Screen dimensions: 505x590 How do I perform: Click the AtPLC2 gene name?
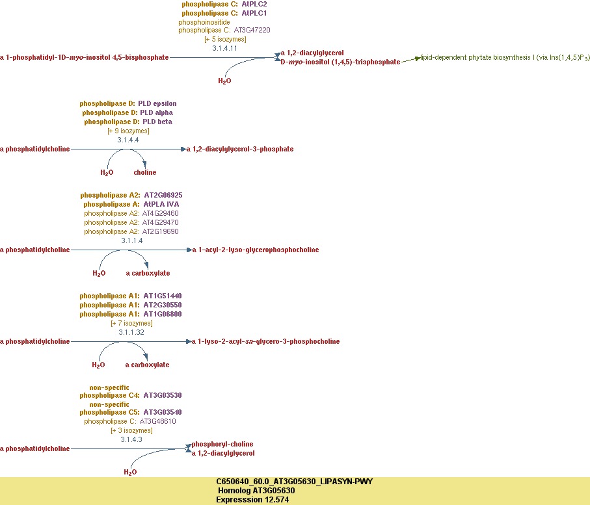coord(254,4)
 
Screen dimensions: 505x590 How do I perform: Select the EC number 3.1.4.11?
coord(224,48)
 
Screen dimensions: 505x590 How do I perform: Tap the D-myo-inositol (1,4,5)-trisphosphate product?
coord(340,62)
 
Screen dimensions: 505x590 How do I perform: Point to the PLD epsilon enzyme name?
coord(157,103)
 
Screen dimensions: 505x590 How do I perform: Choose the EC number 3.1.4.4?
coord(128,140)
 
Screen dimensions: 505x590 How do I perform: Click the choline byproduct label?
coord(145,172)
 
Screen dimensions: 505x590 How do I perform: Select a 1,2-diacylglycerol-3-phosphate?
coord(240,149)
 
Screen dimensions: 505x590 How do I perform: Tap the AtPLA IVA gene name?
coord(161,204)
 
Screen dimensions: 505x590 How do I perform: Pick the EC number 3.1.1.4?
coord(132,240)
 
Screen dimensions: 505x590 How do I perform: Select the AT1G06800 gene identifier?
coord(163,314)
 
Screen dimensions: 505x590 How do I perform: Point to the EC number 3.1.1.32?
coord(131,332)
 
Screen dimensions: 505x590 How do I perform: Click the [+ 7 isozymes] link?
coord(131,323)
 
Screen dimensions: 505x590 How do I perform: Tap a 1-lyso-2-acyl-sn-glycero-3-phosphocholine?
coord(265,341)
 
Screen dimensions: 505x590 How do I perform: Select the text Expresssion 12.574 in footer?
coord(253,500)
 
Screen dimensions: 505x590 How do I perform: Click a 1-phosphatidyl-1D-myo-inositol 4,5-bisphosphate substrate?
coord(85,57)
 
